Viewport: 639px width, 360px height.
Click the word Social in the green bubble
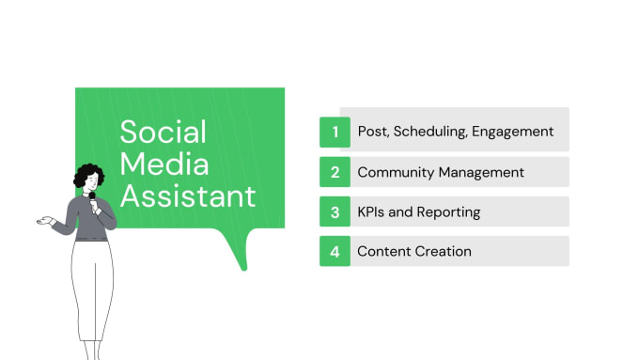pyautogui.click(x=162, y=133)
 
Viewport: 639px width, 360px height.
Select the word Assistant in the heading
pyautogui.click(x=188, y=196)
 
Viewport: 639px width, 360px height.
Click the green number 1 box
pyautogui.click(x=335, y=132)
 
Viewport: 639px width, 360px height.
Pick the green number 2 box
pyautogui.click(x=335, y=172)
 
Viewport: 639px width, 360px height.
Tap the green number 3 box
pyautogui.click(x=335, y=211)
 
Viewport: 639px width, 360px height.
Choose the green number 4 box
pyautogui.click(x=335, y=251)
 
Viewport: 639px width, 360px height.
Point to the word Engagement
pyautogui.click(x=513, y=132)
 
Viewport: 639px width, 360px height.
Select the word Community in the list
pyautogui.click(x=396, y=172)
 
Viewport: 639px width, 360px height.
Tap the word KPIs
pyautogui.click(x=371, y=211)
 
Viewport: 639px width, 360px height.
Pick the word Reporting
pyautogui.click(x=447, y=211)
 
